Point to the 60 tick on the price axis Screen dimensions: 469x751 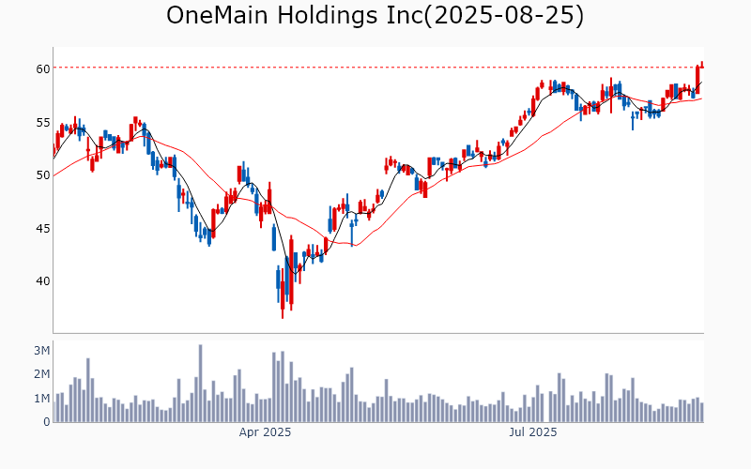click(x=43, y=68)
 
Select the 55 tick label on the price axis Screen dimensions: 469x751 click(x=43, y=122)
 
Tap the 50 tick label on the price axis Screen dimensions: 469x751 click(x=43, y=174)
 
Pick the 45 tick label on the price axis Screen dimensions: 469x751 click(x=43, y=228)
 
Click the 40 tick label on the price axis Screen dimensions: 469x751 click(x=43, y=280)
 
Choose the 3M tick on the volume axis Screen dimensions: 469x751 click(x=41, y=350)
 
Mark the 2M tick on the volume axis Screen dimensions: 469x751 click(x=41, y=374)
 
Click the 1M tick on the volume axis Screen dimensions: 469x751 click(x=41, y=399)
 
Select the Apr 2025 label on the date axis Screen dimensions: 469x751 click(x=265, y=432)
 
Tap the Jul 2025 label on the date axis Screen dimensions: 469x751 click(x=533, y=432)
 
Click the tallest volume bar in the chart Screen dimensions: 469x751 click(x=200, y=384)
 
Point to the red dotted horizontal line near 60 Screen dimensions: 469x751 click(x=375, y=67)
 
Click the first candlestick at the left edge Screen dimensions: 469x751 click(x=54, y=150)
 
